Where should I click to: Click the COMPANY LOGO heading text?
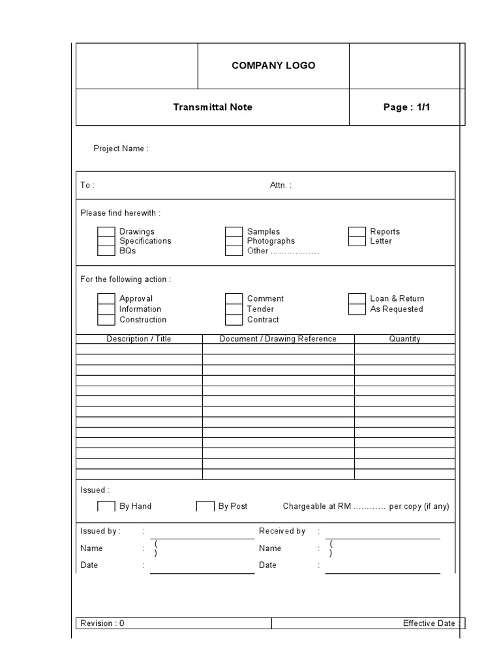coord(273,65)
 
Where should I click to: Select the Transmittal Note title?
coord(213,107)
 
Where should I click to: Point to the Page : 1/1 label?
coord(406,107)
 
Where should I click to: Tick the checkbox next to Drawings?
coord(106,231)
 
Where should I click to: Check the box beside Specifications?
coord(106,241)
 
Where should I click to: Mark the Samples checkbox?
coord(234,231)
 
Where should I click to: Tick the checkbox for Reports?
coord(357,231)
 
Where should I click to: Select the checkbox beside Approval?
coord(106,298)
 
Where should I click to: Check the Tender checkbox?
coord(234,309)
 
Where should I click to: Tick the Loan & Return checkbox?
coord(357,298)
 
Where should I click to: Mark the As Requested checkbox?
coord(357,309)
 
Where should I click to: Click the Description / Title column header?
coord(139,339)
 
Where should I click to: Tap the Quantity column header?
coord(404,339)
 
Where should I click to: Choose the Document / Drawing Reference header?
coord(278,339)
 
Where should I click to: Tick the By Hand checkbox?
coord(106,506)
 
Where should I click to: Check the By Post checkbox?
coord(205,506)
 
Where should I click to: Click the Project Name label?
coord(121,149)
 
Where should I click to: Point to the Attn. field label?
coord(281,185)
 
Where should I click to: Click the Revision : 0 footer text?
coord(102,623)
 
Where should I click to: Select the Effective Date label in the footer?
coord(431,623)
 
